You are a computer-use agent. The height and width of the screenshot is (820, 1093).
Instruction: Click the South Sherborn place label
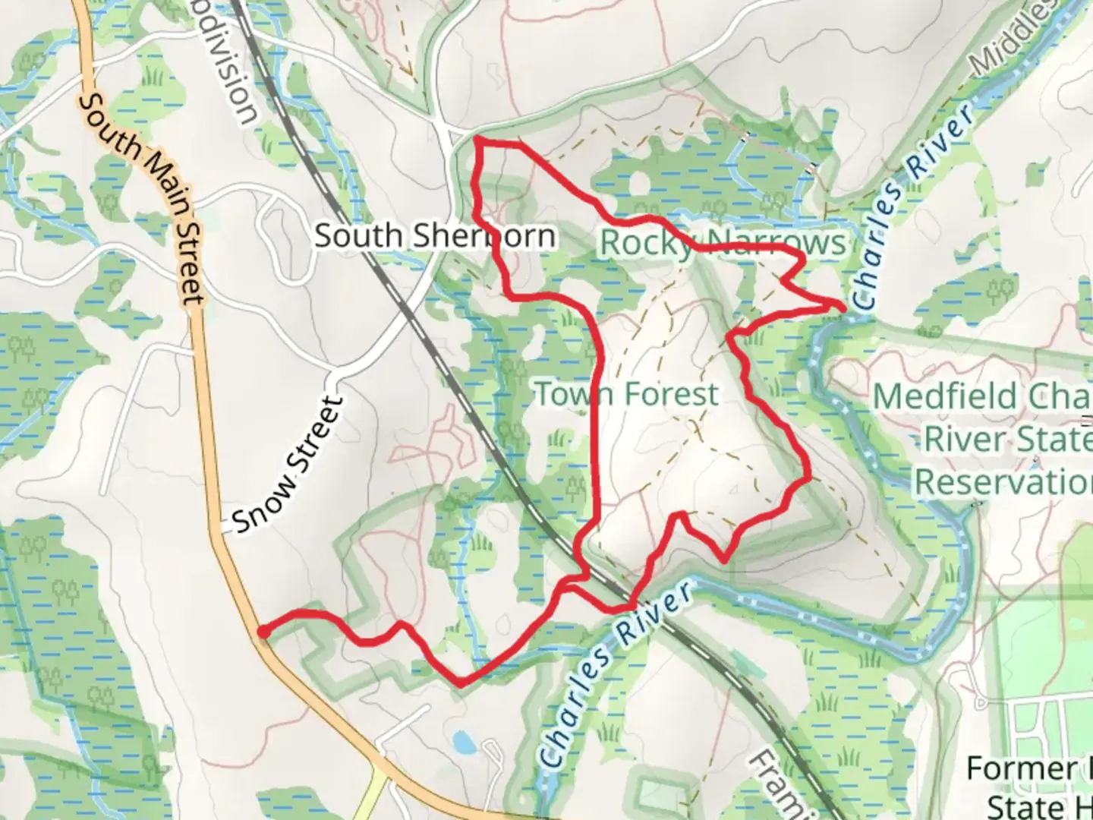435,236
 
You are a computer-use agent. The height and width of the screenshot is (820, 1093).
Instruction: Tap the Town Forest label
627,395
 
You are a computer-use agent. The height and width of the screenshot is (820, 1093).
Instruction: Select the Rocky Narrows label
722,243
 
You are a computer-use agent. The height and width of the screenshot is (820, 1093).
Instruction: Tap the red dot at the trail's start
262,631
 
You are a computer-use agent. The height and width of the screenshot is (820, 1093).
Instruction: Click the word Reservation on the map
1002,481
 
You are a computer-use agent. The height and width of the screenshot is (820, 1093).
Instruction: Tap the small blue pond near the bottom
461,742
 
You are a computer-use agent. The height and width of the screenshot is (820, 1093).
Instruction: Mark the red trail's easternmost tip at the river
843,305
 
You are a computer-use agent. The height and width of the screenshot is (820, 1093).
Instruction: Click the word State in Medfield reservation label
1055,440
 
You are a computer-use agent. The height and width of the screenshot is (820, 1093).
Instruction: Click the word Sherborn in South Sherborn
480,236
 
